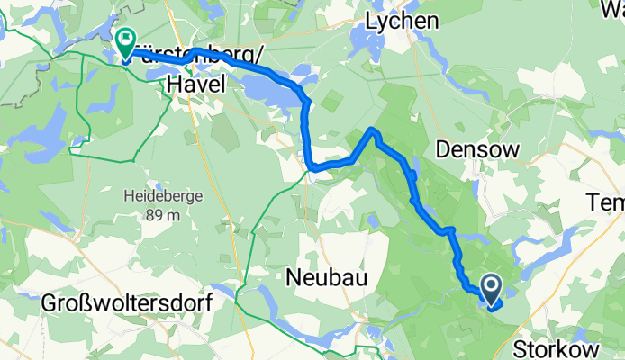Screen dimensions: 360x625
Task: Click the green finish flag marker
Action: click(124, 41)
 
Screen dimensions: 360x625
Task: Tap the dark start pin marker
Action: click(492, 289)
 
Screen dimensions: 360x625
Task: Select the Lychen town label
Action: click(403, 20)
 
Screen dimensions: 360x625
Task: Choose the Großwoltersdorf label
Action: click(126, 303)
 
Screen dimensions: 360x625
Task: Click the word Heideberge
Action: click(149, 195)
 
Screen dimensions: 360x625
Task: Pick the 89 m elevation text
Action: click(149, 215)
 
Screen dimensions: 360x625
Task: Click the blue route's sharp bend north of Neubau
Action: click(311, 166)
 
